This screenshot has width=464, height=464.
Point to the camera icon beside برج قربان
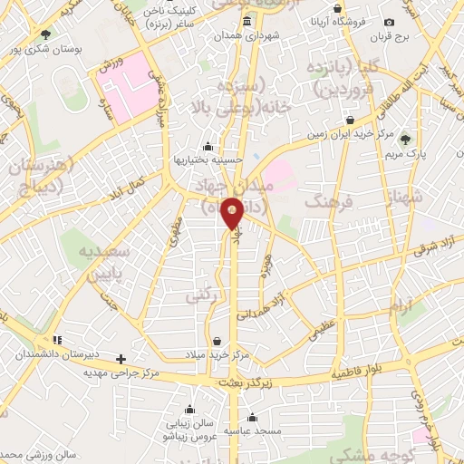[390, 23]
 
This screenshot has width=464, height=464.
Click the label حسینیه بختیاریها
[208, 160]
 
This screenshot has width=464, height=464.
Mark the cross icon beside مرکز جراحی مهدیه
[121, 359]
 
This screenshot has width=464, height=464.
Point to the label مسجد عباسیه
[252, 432]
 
